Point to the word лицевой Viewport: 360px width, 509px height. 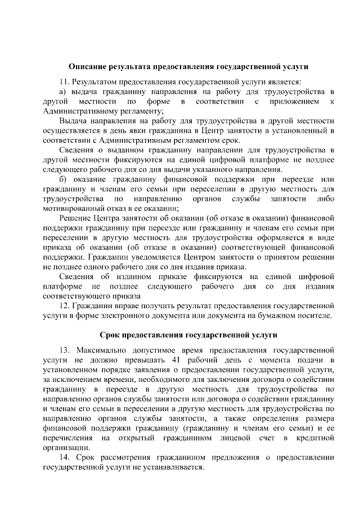pos(228,438)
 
